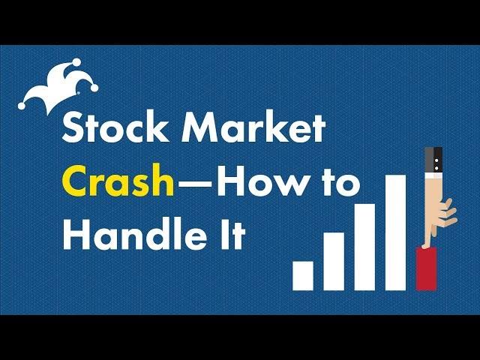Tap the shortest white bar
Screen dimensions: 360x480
[303, 274]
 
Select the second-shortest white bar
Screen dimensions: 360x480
[334, 260]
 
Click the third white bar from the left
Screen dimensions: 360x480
[364, 245]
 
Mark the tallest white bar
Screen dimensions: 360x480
[395, 232]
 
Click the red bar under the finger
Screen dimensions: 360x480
[426, 268]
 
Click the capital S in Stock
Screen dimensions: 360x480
[75, 129]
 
